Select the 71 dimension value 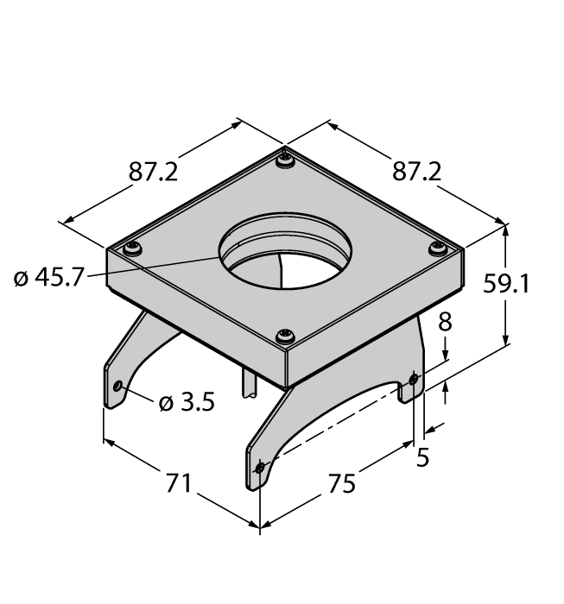(x=178, y=484)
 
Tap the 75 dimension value (x=342, y=484)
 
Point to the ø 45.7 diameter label (x=49, y=280)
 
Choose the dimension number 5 (x=422, y=458)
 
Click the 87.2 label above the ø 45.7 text (x=153, y=172)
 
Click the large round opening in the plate (x=285, y=255)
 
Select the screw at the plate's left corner (x=133, y=249)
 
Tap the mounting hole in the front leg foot (x=261, y=468)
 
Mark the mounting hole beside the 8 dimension (x=414, y=379)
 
